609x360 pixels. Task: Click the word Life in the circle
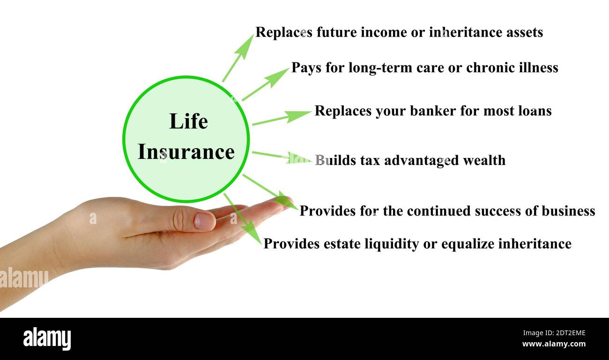point(188,121)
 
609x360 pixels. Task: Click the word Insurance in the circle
point(186,152)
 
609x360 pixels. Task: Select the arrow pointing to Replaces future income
point(238,58)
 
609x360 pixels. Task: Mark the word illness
point(539,67)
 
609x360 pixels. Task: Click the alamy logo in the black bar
point(47,339)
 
